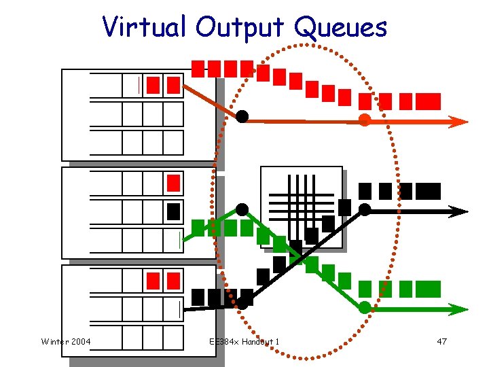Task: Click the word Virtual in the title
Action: tap(144, 27)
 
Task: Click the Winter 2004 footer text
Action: tap(66, 340)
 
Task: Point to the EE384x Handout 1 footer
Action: tap(244, 340)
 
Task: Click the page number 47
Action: tap(441, 340)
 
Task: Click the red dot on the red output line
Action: tap(365, 120)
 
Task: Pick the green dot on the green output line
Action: tap(365, 307)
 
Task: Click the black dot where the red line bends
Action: tap(242, 116)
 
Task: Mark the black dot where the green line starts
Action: tap(242, 209)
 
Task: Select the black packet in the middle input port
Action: tap(173, 211)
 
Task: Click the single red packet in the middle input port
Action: tap(173, 183)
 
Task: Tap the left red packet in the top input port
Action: tap(153, 85)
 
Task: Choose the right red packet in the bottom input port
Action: tap(173, 281)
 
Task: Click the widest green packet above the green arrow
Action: tap(428, 289)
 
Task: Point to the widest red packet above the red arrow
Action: tap(428, 101)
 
